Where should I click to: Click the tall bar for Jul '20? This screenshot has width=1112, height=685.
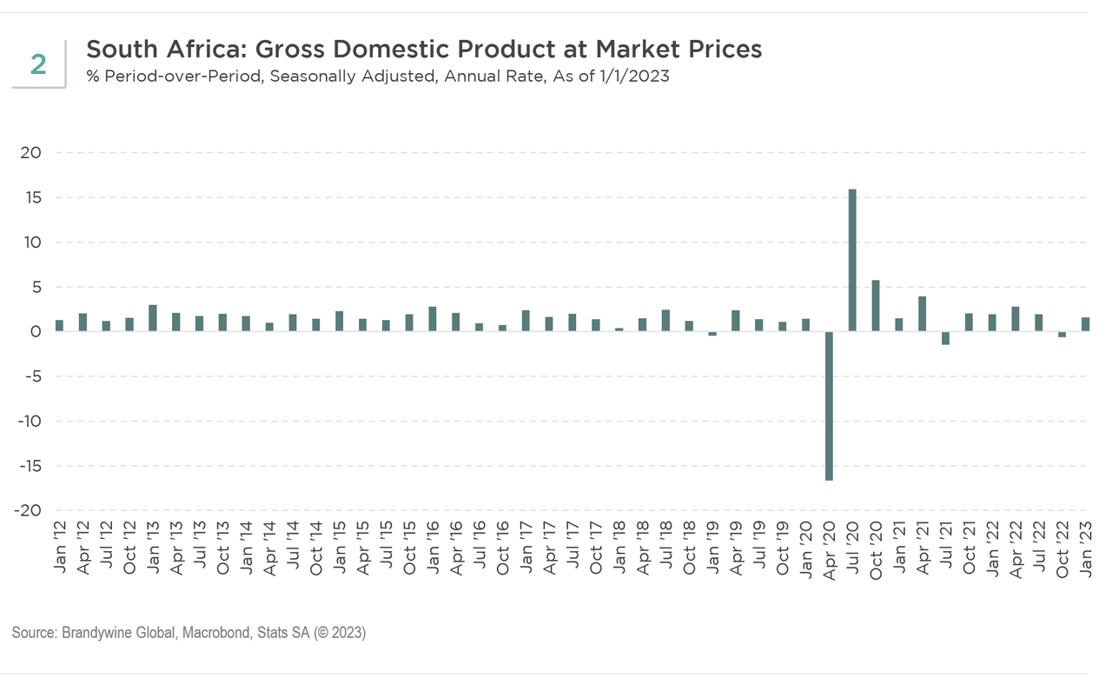tap(852, 260)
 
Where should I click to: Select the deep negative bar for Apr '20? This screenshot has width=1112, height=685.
tap(829, 405)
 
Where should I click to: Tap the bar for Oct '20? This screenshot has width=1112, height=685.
tap(876, 305)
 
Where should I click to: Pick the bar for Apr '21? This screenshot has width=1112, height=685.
tap(923, 314)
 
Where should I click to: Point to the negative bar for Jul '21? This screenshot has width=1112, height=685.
tap(945, 338)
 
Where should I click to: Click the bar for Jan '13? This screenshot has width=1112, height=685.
tap(153, 318)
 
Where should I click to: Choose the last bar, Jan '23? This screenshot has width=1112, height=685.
tap(1085, 324)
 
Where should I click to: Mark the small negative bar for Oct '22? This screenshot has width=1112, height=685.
tap(1062, 334)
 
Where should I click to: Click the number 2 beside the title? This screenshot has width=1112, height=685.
tap(38, 64)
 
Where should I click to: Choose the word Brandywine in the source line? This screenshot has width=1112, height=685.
tap(96, 634)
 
